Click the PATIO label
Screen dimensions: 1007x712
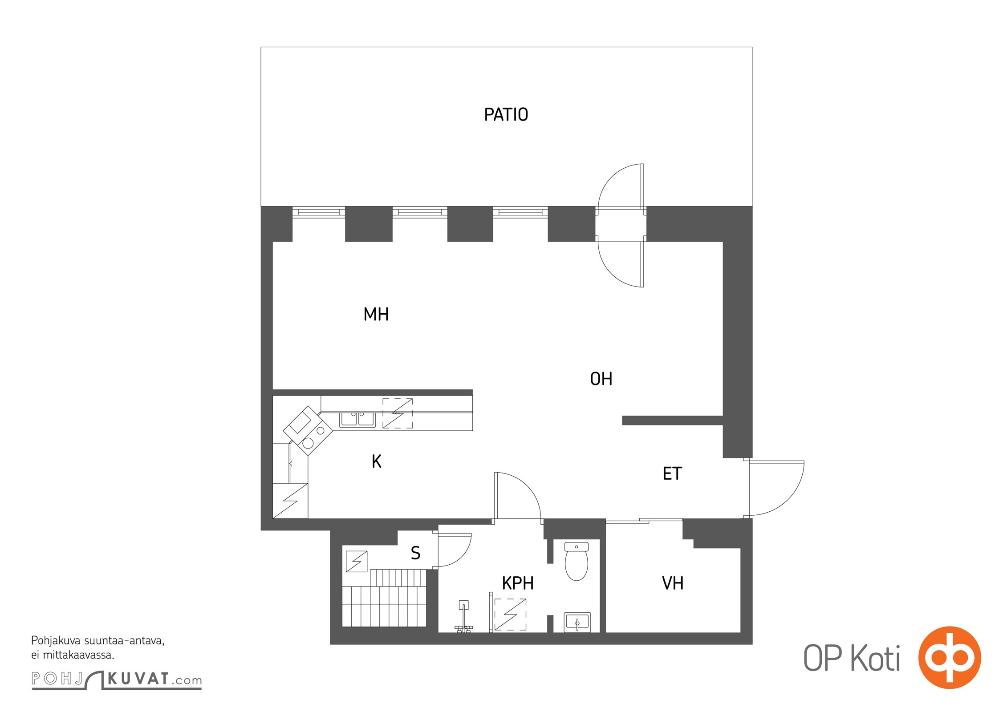[506, 115]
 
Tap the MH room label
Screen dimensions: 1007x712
[376, 315]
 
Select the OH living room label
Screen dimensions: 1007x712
[601, 379]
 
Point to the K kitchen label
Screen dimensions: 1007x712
[377, 462]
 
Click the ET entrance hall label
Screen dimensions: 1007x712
[672, 473]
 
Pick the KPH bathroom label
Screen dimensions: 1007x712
[518, 583]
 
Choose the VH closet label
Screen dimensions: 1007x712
[673, 583]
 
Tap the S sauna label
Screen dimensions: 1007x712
[415, 553]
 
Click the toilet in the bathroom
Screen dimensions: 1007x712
[577, 561]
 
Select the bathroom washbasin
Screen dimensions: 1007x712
[577, 622]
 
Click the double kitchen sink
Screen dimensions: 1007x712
[358, 419]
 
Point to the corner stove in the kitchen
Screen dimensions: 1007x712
[308, 430]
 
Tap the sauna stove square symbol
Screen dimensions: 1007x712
[357, 562]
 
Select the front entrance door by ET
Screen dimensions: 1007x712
[776, 489]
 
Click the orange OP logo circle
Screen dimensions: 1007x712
[950, 657]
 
